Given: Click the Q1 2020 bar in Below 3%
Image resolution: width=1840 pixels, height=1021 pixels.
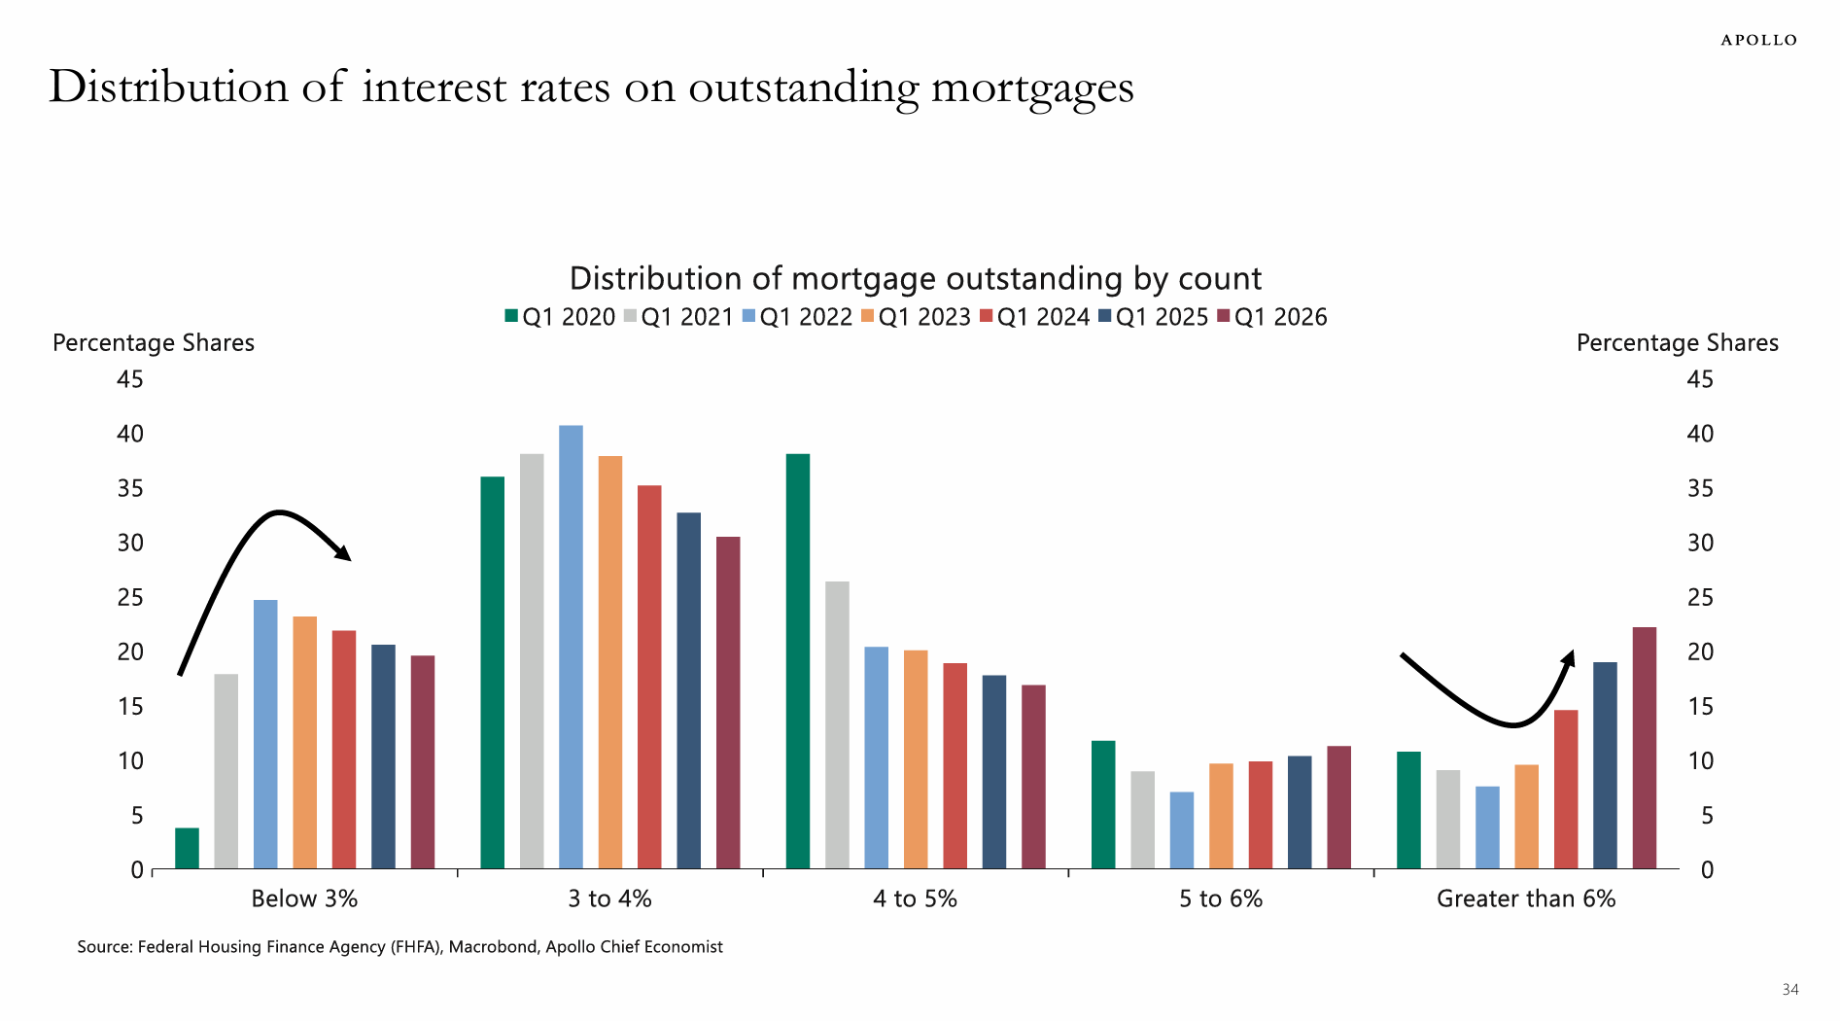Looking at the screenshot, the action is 187,848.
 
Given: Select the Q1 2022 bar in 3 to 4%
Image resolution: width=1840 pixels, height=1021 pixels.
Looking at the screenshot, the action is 571,647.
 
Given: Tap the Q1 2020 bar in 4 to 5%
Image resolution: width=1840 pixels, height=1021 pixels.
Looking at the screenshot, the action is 798,661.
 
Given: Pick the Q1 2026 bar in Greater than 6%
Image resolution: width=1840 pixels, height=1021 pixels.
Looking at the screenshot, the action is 1645,748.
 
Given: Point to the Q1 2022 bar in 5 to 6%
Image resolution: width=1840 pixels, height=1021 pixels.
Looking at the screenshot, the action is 1182,830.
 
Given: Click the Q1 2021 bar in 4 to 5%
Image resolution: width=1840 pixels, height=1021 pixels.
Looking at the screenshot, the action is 837,725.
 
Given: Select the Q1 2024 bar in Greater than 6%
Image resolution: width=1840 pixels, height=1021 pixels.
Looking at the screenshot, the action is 1566,790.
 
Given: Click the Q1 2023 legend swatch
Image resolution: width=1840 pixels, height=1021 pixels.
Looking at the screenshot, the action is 868,316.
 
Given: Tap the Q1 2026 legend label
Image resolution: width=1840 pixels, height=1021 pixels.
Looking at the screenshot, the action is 1280,317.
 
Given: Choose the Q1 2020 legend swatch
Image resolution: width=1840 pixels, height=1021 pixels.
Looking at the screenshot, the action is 511,316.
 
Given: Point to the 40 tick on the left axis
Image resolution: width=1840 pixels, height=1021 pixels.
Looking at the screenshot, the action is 130,434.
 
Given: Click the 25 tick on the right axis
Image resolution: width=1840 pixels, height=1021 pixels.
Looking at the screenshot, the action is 1700,597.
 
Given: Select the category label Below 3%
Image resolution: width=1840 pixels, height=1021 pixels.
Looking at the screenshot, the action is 304,898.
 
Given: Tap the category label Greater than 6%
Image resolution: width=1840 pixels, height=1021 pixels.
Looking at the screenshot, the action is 1526,898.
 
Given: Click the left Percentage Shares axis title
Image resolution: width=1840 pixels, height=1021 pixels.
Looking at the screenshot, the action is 154,342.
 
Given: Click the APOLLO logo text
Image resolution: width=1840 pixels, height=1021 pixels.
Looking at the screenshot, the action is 1758,40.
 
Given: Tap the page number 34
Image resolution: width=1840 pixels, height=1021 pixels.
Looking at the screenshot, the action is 1789,990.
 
